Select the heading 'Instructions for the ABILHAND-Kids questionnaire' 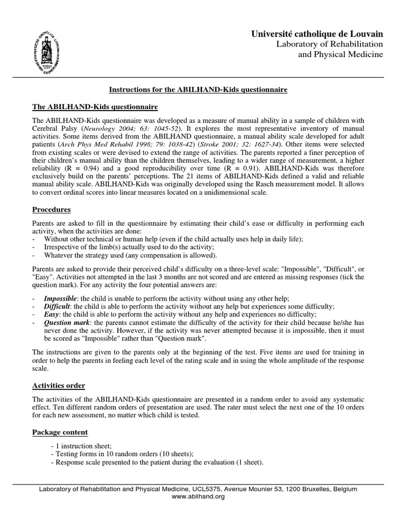[x=198, y=90]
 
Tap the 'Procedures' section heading [x=52, y=210]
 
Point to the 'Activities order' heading [x=59, y=385]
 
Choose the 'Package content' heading [x=60, y=432]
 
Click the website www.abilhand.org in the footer [x=198, y=496]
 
